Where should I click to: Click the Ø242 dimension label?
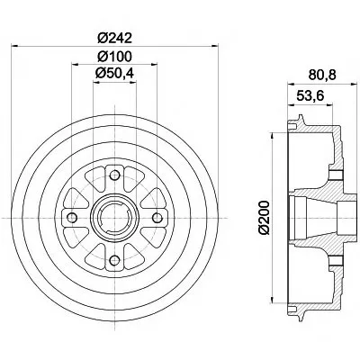coord(114,38)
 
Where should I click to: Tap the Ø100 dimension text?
coord(114,56)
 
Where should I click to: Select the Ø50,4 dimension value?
coord(114,73)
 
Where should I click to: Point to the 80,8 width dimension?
coord(323,74)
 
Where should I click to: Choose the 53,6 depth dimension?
coord(310,95)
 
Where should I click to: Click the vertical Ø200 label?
coord(265,218)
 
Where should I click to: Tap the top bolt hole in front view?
coord(114,175)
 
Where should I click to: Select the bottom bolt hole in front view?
coord(114,260)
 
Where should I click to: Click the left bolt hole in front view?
coord(72,217)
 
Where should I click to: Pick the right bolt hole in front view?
coord(157,217)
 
